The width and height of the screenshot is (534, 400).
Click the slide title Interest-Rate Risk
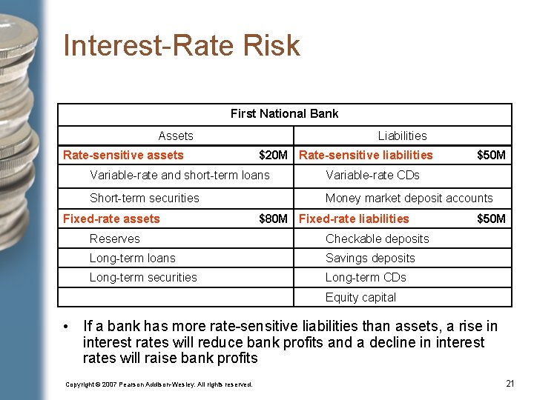pos(182,45)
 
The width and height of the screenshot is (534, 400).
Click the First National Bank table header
pos(284,113)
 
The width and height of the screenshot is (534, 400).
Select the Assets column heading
pos(176,136)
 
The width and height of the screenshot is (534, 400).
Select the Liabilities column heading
pos(402,136)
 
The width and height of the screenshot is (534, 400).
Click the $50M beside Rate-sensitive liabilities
pos(491,155)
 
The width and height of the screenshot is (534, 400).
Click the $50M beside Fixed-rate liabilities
pos(491,219)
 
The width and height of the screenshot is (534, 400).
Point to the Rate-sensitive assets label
pos(123,155)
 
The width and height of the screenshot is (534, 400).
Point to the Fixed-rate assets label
pos(111,219)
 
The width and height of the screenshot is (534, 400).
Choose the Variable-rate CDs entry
pos(372,175)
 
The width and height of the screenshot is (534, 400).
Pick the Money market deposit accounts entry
pos(409,198)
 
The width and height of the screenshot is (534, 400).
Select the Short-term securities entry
pos(145,198)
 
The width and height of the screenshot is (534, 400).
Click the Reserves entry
pos(114,239)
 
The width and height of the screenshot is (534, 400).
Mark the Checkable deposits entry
pos(377,239)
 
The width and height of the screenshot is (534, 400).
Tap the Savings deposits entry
pos(370,258)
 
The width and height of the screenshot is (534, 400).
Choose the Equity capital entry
pos(360,297)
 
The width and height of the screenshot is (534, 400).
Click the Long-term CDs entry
pos(366,277)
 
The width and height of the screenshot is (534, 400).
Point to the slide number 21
pos(510,383)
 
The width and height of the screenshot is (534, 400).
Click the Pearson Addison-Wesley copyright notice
pos(159,384)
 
